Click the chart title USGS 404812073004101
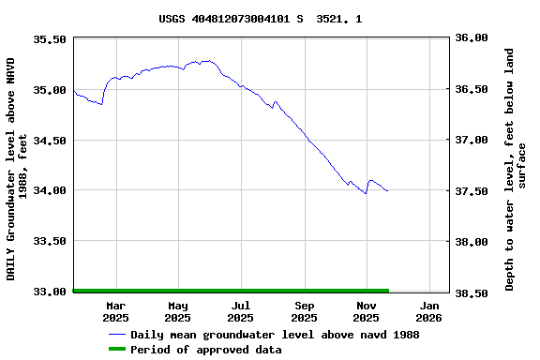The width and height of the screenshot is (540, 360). click(x=260, y=19)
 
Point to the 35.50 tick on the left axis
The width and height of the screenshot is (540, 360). click(x=49, y=39)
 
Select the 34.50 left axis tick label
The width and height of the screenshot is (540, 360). click(x=49, y=141)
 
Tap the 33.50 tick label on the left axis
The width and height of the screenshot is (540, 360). click(x=49, y=241)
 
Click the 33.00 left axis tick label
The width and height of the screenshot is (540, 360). click(x=49, y=292)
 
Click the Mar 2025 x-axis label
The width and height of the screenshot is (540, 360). click(x=116, y=311)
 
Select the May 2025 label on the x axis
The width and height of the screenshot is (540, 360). click(x=178, y=311)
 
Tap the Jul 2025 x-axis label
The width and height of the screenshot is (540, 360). click(x=241, y=311)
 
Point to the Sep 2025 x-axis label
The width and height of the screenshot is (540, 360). click(x=305, y=311)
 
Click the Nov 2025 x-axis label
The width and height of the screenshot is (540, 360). click(x=367, y=311)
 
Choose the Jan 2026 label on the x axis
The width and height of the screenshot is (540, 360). click(x=429, y=311)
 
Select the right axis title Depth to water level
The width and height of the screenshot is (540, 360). click(x=516, y=169)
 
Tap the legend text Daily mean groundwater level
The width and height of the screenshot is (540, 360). click(x=275, y=335)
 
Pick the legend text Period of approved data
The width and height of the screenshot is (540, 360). click(x=206, y=350)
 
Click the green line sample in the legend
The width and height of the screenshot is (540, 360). click(x=117, y=350)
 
